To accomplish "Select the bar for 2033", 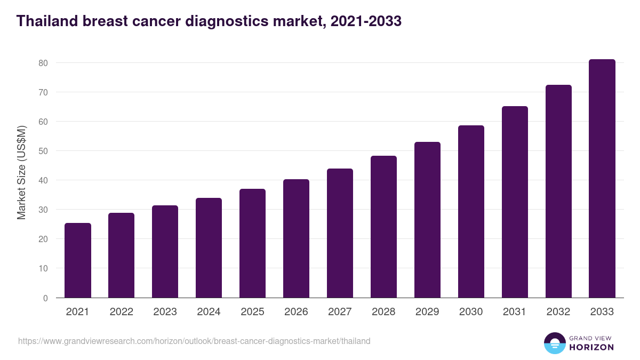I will [x=602, y=179].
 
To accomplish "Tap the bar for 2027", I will [x=340, y=233].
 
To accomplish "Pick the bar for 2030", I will [x=471, y=212].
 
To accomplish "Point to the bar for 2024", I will [x=209, y=248].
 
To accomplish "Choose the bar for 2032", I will [x=558, y=191].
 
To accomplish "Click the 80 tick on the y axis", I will [x=43, y=63].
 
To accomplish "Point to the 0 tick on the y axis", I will [x=45, y=298].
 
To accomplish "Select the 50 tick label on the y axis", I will [x=43, y=151].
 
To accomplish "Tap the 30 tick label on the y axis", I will [x=43, y=210].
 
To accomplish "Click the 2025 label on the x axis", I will [x=252, y=312].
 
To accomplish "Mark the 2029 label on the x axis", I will [x=427, y=312].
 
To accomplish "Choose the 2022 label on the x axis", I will [x=121, y=312].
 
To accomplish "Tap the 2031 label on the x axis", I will [x=515, y=312].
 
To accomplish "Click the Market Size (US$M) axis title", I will [x=22, y=173].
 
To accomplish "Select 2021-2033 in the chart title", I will [x=366, y=21].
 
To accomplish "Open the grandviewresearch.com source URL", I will [x=194, y=341].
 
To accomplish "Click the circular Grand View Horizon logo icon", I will [x=554, y=343].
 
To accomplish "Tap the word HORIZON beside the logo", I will [x=592, y=347].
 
